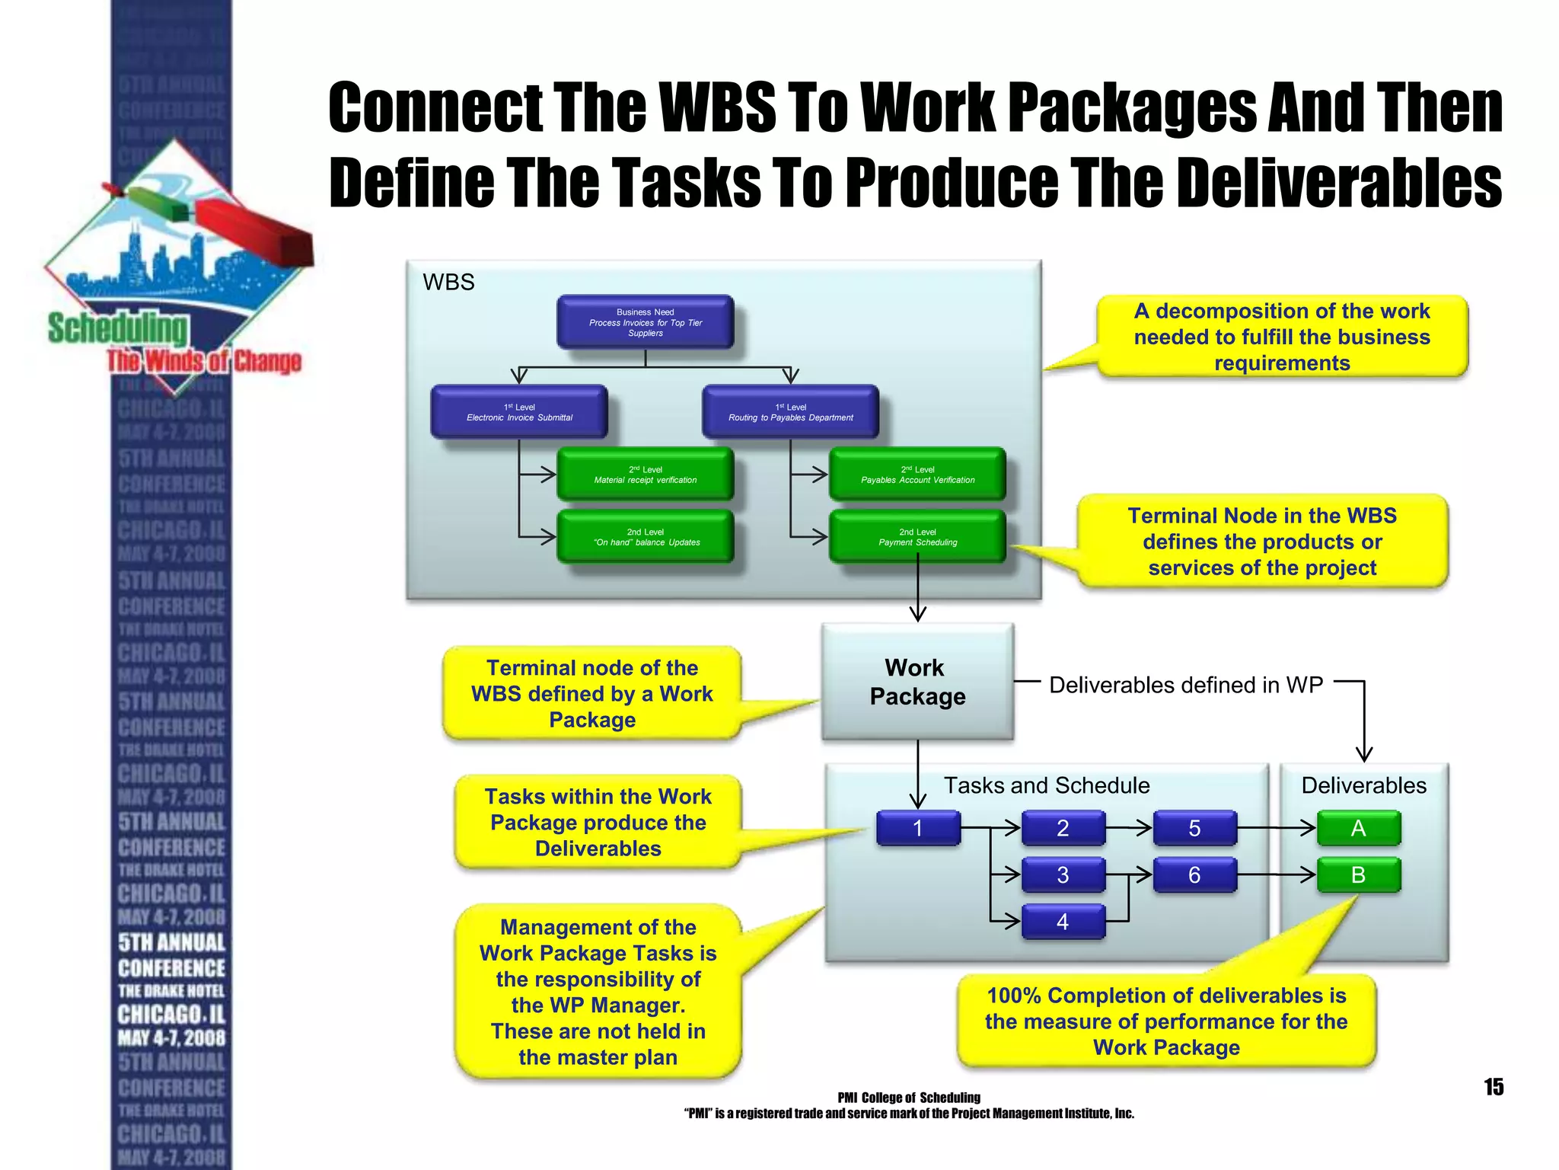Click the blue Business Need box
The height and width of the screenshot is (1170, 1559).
tap(645, 322)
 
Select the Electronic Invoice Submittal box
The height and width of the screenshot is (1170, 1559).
tap(519, 412)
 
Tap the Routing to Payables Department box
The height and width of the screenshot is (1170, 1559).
tap(790, 412)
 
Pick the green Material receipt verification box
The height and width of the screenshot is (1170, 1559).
tap(645, 475)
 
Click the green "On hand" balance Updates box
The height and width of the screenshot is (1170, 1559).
tap(645, 537)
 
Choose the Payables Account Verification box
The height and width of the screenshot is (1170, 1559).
tap(917, 475)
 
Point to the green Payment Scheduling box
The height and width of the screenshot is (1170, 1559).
tap(917, 537)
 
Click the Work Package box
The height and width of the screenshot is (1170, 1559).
tap(917, 682)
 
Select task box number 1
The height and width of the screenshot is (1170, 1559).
tap(918, 828)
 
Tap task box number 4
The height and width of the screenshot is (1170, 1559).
tap(1063, 922)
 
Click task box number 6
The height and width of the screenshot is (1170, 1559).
tap(1194, 875)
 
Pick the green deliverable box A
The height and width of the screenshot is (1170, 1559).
tap(1358, 828)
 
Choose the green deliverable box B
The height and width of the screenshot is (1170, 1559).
tap(1358, 875)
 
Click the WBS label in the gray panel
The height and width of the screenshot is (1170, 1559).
tap(448, 283)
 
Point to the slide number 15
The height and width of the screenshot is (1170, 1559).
tap(1494, 1087)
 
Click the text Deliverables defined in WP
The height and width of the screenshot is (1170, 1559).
tap(1185, 685)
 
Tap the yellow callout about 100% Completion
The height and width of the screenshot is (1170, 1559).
tap(1166, 1021)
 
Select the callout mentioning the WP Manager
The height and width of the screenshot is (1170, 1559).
tap(598, 992)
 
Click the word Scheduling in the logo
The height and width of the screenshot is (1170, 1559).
tap(118, 328)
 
